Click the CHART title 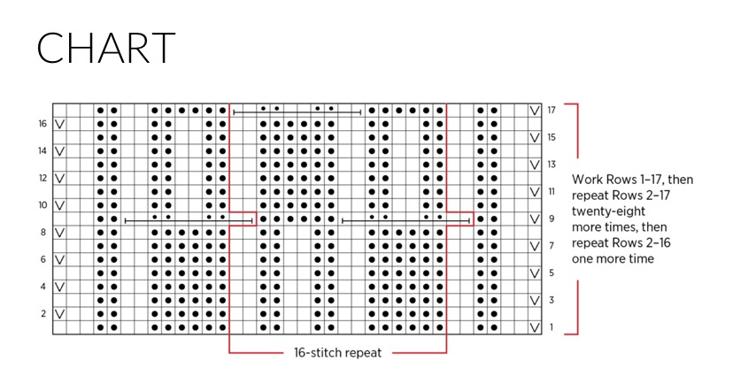coord(105,48)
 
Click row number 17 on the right coord(552,111)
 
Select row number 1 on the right coord(551,327)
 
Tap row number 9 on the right coord(551,219)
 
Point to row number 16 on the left coord(42,125)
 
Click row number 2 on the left coord(42,314)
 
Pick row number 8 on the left coord(42,233)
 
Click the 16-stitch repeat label coord(338,351)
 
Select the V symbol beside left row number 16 coord(59,125)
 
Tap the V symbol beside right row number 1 coord(535,327)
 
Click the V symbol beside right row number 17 coord(535,111)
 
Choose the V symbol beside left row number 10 coord(59,205)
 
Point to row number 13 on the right coord(552,165)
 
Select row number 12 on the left coord(42,179)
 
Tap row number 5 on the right coord(551,273)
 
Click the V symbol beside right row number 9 coord(535,219)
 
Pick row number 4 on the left coord(42,287)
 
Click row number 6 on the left coord(42,260)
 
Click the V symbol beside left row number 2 coord(59,314)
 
